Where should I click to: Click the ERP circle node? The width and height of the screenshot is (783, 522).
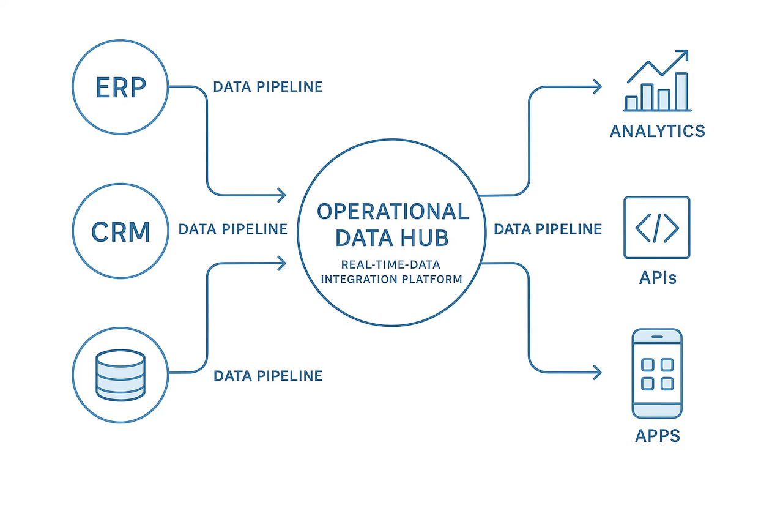121,88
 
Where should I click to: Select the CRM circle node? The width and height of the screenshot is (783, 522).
121,231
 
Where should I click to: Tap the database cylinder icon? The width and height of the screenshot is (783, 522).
121,375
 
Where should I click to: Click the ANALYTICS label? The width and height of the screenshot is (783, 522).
657,131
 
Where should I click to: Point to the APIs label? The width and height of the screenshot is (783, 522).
657,279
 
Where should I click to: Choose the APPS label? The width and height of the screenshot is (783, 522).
657,436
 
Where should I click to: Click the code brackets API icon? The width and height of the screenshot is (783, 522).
657,228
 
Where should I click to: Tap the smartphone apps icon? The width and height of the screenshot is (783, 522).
657,373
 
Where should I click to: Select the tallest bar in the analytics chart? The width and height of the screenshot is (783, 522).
681,91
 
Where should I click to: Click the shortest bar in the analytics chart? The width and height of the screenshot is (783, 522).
631,103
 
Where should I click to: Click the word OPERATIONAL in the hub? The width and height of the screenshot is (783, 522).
393,212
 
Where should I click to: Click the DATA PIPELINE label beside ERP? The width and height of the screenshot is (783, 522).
267,87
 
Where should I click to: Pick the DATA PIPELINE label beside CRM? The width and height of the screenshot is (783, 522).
232,229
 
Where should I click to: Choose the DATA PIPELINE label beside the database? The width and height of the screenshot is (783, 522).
267,376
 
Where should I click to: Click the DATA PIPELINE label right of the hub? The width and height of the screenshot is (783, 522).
547,229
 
